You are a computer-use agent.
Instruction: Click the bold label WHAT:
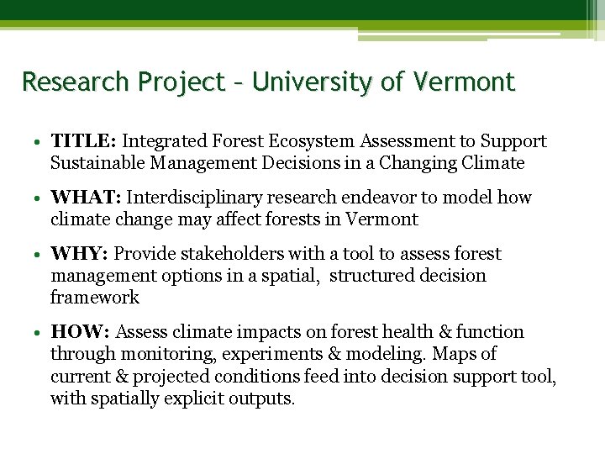pyautogui.click(x=87, y=198)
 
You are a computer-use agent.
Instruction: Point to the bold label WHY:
pyautogui.click(x=80, y=254)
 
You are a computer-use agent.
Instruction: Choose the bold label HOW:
pyautogui.click(x=81, y=332)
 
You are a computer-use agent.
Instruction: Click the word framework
pyautogui.click(x=94, y=298)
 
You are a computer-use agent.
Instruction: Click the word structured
pyautogui.click(x=370, y=276)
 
